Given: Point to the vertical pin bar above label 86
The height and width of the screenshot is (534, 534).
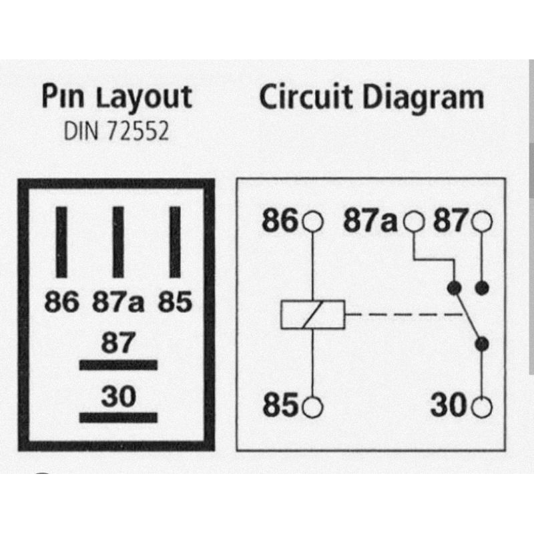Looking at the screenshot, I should coord(61,242).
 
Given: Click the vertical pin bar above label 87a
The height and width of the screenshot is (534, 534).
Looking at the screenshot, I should coord(118,242).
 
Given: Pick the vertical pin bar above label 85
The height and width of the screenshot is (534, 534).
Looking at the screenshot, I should coord(175,242).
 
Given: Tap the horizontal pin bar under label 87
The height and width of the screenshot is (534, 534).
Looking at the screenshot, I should coord(118,365).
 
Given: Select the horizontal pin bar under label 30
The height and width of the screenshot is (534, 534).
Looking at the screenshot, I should coord(118,418).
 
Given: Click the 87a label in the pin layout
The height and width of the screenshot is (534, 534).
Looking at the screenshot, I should coord(117,304).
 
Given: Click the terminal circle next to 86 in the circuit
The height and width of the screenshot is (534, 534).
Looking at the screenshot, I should coord(312,221).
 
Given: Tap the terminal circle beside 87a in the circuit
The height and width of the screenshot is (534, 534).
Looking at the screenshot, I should coord(415,221).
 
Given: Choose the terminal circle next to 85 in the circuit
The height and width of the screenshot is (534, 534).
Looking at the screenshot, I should coord(312,405).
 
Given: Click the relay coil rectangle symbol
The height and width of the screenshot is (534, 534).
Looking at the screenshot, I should coord(312,314).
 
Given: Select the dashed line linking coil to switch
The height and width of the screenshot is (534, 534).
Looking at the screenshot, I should coord(400,314).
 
